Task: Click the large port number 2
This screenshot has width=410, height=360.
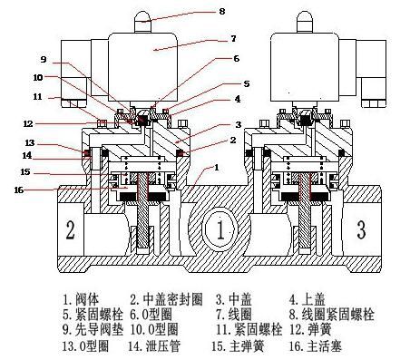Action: tap(71, 230)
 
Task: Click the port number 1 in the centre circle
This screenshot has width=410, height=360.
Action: tap(220, 229)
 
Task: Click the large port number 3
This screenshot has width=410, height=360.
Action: tap(362, 229)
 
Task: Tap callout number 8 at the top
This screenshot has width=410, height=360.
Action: tap(222, 12)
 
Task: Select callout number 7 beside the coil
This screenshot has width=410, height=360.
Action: tap(233, 39)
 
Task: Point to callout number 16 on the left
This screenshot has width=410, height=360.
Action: tap(19, 190)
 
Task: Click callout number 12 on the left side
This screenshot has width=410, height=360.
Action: tap(28, 123)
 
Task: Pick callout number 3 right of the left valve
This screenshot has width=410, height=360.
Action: tap(239, 124)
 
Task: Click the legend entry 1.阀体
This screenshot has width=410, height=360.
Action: tap(81, 299)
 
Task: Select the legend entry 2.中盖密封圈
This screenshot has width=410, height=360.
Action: tap(166, 299)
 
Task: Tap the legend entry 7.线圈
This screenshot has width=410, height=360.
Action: tap(234, 315)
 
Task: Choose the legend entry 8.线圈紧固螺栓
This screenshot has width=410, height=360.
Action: tap(332, 315)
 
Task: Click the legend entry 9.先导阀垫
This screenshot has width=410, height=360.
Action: tap(93, 329)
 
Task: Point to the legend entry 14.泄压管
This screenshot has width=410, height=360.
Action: tap(154, 345)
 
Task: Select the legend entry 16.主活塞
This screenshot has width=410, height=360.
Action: tap(315, 345)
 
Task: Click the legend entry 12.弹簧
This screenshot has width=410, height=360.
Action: tap(310, 329)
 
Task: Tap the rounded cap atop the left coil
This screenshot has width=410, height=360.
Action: tap(142, 21)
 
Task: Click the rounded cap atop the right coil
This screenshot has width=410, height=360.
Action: tap(304, 21)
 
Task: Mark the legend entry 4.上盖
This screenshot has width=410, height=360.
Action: tap(307, 299)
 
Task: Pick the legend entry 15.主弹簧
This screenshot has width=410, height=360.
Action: tap(238, 345)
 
